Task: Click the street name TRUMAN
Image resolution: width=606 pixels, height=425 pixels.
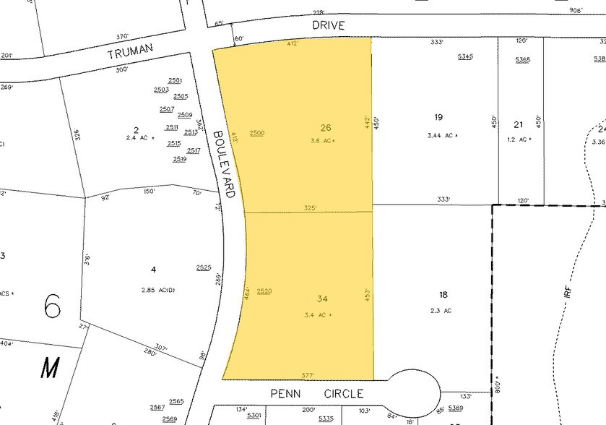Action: pos(131,53)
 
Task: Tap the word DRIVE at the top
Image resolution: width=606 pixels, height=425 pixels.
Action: pos(329,25)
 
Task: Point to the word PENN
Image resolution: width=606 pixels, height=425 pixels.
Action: pos(285,394)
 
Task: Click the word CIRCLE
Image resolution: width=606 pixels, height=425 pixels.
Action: pos(339,394)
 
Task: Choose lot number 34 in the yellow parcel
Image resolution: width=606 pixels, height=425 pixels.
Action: pos(322,299)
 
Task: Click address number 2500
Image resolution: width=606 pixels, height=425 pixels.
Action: pos(256,133)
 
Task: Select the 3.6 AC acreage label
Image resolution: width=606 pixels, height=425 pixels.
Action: pos(322,141)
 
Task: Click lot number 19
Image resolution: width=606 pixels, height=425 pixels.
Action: pos(438,117)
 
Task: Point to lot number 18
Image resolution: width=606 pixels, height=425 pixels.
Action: pos(443,294)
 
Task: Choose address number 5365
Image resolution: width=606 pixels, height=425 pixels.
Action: pos(523,59)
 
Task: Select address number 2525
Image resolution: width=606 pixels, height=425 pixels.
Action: pos(203,267)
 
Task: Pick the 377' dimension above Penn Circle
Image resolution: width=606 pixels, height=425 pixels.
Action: pos(307,375)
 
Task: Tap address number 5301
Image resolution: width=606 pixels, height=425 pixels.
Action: pos(254,415)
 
